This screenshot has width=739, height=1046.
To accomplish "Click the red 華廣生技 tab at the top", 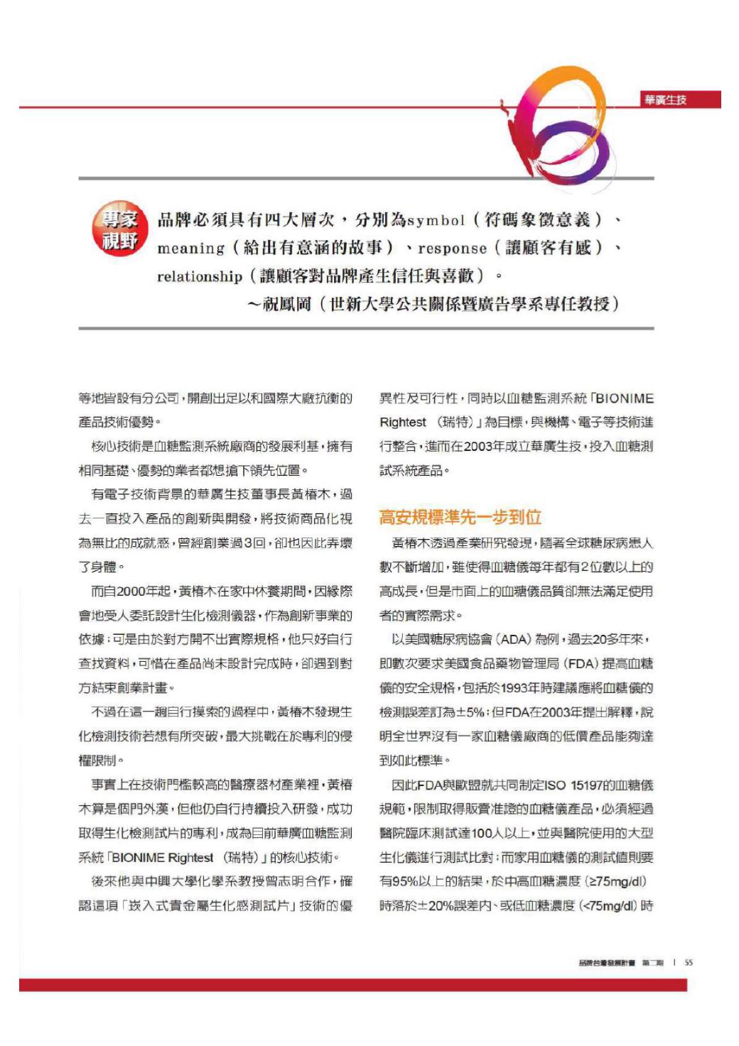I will click(666, 100).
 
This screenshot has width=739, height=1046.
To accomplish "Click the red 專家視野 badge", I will click(119, 229).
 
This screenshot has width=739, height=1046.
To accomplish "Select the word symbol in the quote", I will click(434, 221).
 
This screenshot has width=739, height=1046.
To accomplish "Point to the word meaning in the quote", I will click(190, 249).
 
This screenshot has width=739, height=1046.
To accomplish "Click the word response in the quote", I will click(452, 249).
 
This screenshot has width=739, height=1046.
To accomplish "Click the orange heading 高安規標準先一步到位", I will click(460, 517).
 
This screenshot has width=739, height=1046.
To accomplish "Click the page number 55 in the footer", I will click(689, 963).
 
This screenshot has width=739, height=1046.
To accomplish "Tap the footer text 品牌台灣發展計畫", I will click(607, 963).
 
